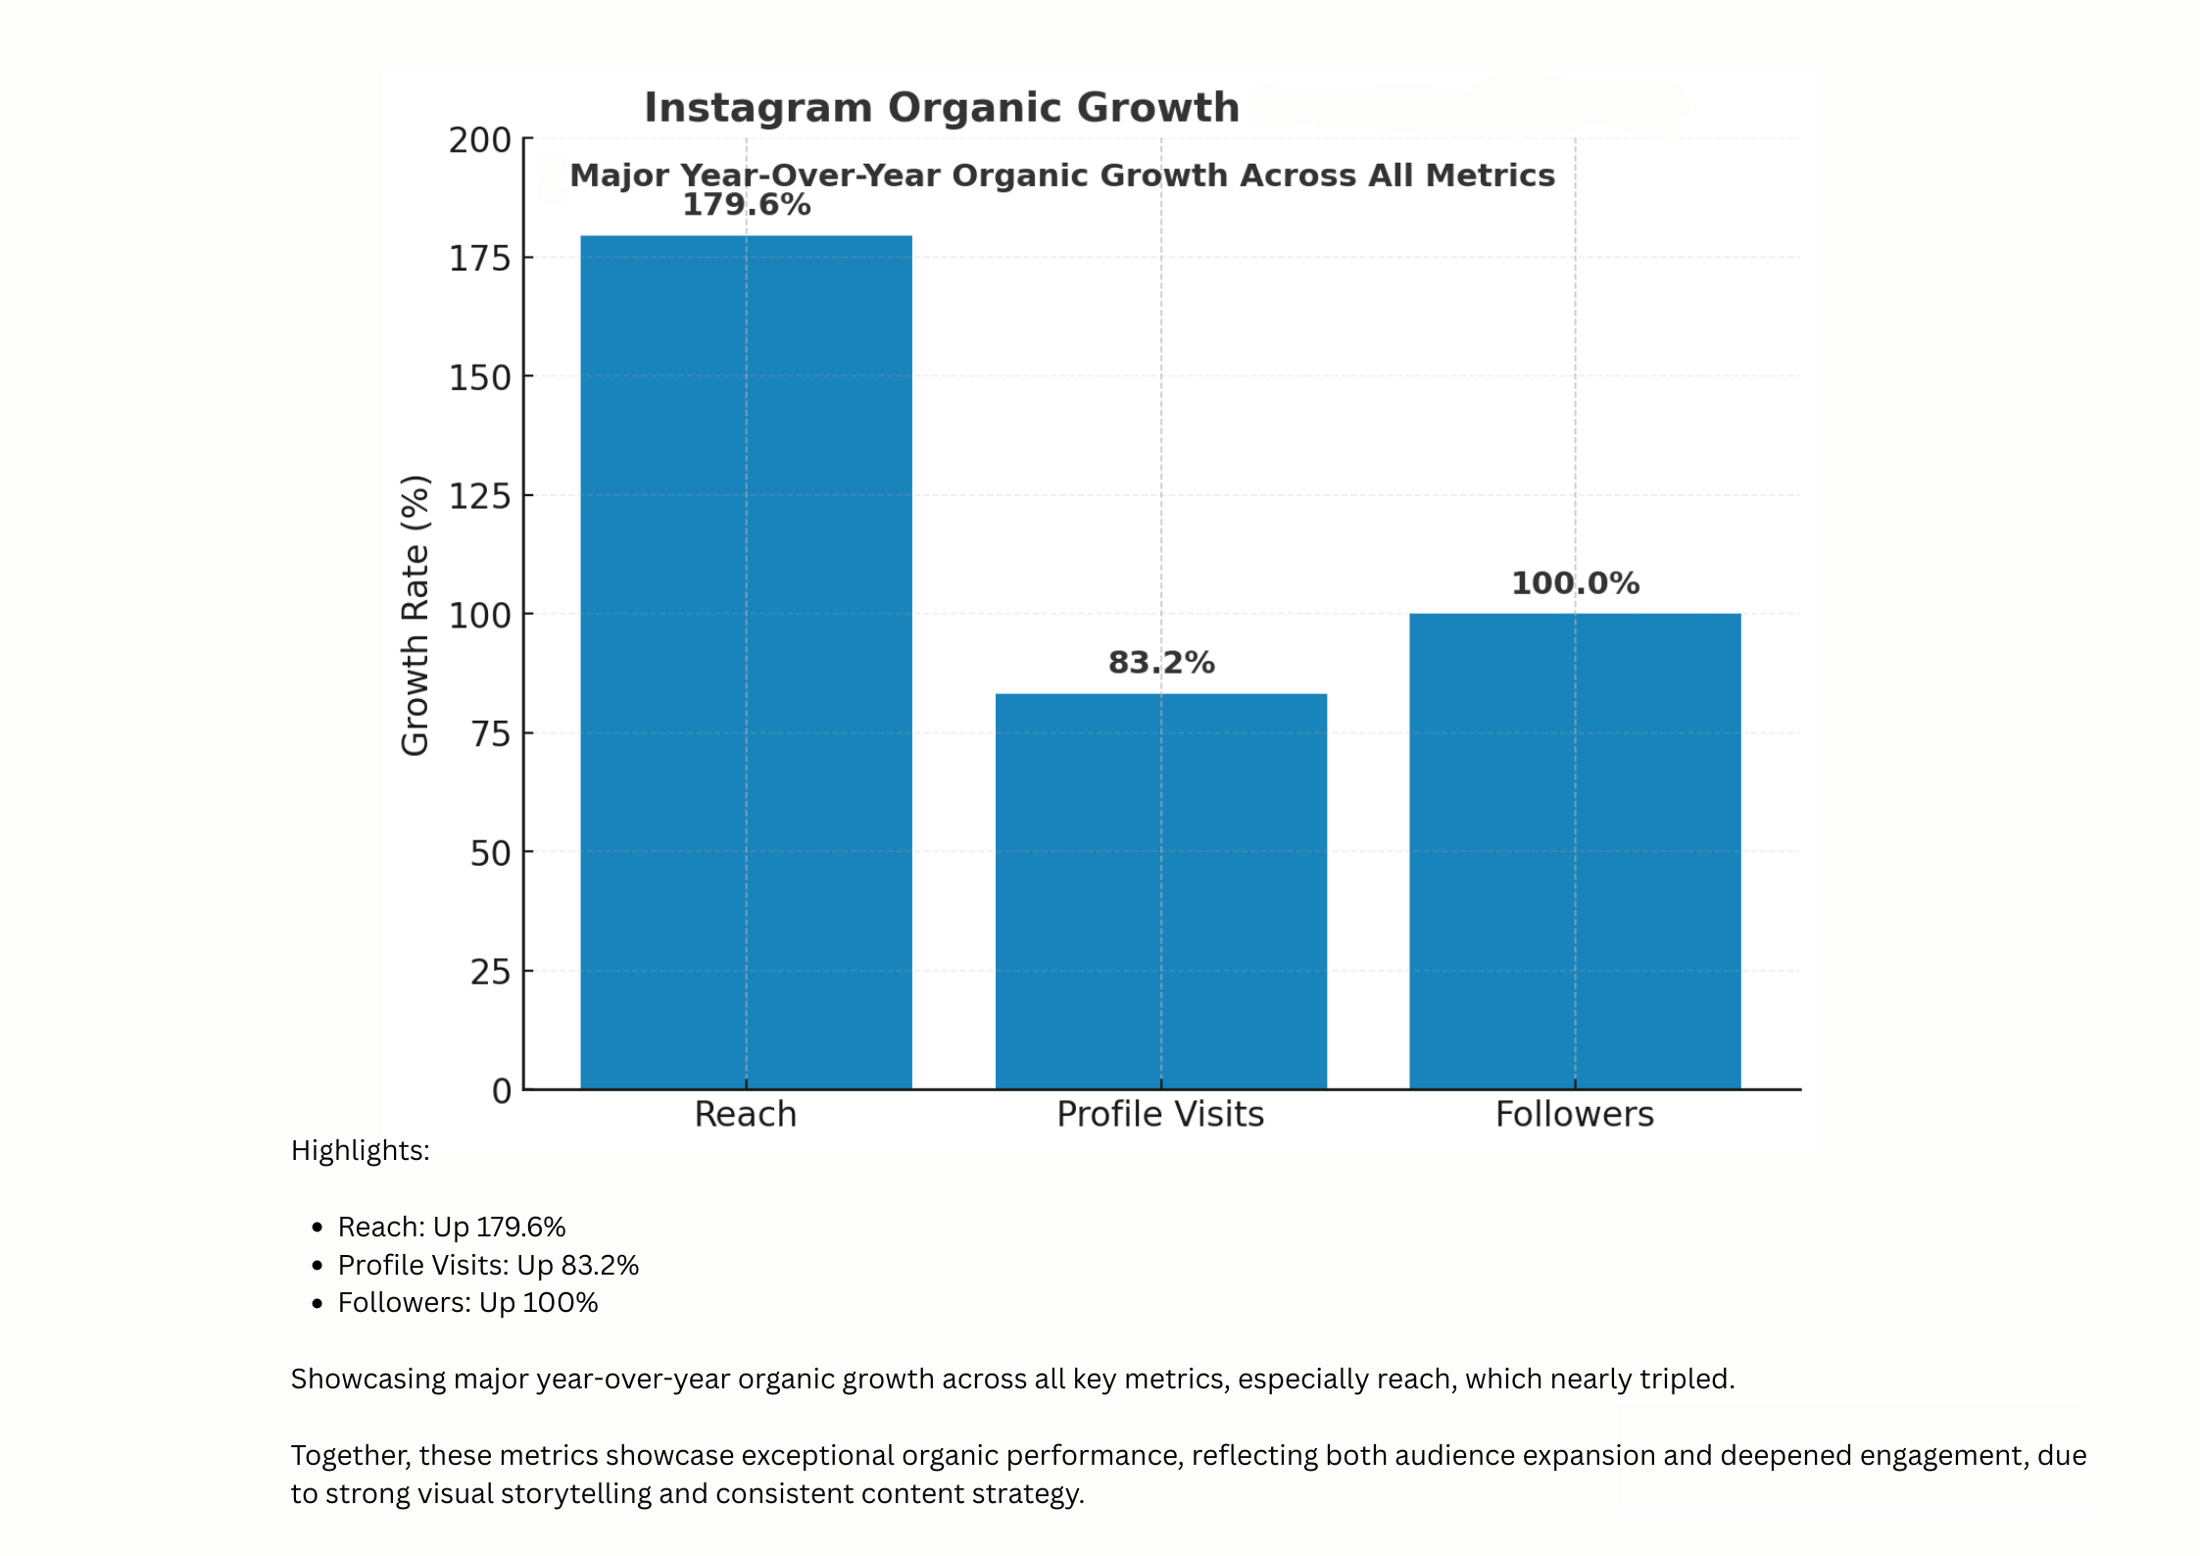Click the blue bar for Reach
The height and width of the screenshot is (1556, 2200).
point(746,662)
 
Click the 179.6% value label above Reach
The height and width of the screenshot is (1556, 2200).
point(746,205)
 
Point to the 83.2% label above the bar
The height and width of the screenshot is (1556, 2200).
point(1160,663)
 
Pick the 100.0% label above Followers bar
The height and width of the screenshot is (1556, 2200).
point(1574,583)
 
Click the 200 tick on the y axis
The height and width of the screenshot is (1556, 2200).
point(480,140)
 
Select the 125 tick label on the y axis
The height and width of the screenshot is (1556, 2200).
point(480,497)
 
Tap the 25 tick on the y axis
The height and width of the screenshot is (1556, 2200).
point(490,973)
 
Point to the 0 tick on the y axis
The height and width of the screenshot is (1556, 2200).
point(501,1091)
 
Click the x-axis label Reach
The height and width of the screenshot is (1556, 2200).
point(745,1115)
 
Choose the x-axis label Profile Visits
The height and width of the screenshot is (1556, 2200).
point(1159,1115)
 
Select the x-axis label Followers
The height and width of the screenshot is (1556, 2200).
point(1574,1115)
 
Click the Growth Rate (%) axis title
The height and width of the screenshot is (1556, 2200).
point(416,615)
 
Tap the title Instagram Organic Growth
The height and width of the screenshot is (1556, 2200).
point(941,108)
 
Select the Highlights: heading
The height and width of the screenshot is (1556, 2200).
point(360,1150)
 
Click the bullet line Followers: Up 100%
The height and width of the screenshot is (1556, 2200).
point(467,1303)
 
